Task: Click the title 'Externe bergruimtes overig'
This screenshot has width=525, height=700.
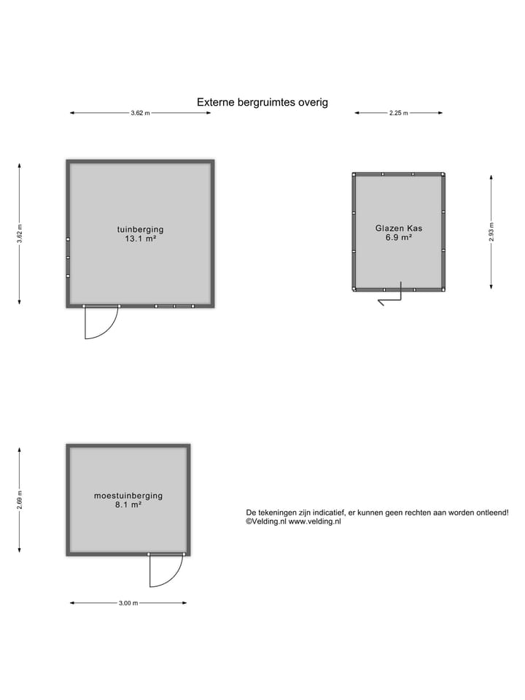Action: pos(262,102)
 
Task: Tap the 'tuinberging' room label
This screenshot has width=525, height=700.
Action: pos(140,230)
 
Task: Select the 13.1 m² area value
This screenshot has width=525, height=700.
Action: pos(140,239)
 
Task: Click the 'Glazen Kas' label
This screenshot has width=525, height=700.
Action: pos(399,228)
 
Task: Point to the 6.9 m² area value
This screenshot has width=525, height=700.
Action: pos(399,238)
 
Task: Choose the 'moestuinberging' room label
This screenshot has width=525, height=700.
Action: pos(128,496)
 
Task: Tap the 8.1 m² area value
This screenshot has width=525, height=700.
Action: pos(128,505)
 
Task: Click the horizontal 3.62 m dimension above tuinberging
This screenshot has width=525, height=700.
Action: pos(140,113)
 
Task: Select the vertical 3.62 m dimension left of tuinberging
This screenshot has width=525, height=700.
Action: pos(19,233)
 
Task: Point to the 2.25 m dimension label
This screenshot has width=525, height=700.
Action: pos(398,113)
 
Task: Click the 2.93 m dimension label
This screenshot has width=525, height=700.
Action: pos(491,232)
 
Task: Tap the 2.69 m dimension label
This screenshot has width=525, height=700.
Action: pos(19,499)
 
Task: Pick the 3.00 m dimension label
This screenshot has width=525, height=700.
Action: pos(128,603)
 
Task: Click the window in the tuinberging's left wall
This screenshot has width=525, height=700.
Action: pos(68,257)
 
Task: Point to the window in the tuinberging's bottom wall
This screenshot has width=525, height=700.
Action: pos(174,306)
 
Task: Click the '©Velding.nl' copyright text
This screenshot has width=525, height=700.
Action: pos(265,521)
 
